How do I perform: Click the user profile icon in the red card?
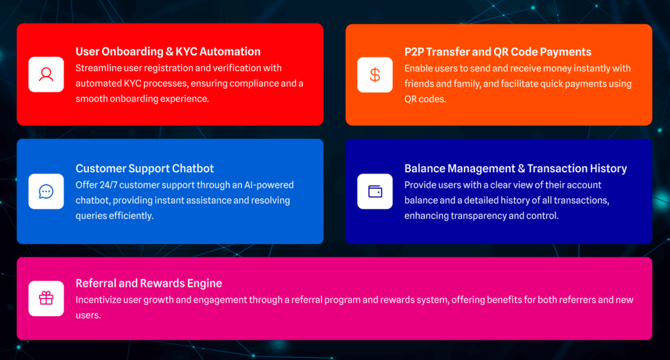[46, 75]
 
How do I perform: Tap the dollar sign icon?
[375, 75]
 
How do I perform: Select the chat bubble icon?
[46, 192]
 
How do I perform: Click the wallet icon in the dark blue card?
[375, 191]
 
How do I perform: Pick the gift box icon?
[46, 298]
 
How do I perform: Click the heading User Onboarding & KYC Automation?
[168, 51]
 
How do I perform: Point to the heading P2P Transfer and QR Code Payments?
[498, 52]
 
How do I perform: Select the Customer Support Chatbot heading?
[145, 168]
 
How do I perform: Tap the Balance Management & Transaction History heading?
[516, 168]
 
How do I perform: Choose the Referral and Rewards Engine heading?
[149, 283]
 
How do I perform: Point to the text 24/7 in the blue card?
[109, 185]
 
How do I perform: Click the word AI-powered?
[269, 185]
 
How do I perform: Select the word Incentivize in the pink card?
[98, 300]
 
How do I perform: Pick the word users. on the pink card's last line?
[88, 315]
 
